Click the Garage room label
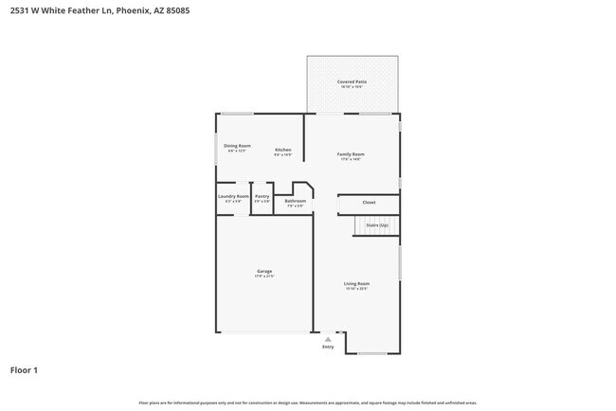(264, 272)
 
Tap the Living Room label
(356, 283)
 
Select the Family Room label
(351, 153)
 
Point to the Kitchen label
(282, 150)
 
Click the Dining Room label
(237, 146)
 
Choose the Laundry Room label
(233, 196)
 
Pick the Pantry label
(262, 196)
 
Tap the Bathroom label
(296, 200)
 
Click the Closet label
(369, 202)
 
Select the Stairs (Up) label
(377, 225)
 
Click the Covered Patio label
(352, 82)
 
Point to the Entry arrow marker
(328, 338)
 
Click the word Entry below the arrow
(328, 347)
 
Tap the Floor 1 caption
(24, 370)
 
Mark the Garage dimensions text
(264, 277)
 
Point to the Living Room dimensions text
(356, 288)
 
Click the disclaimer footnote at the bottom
(308, 402)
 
